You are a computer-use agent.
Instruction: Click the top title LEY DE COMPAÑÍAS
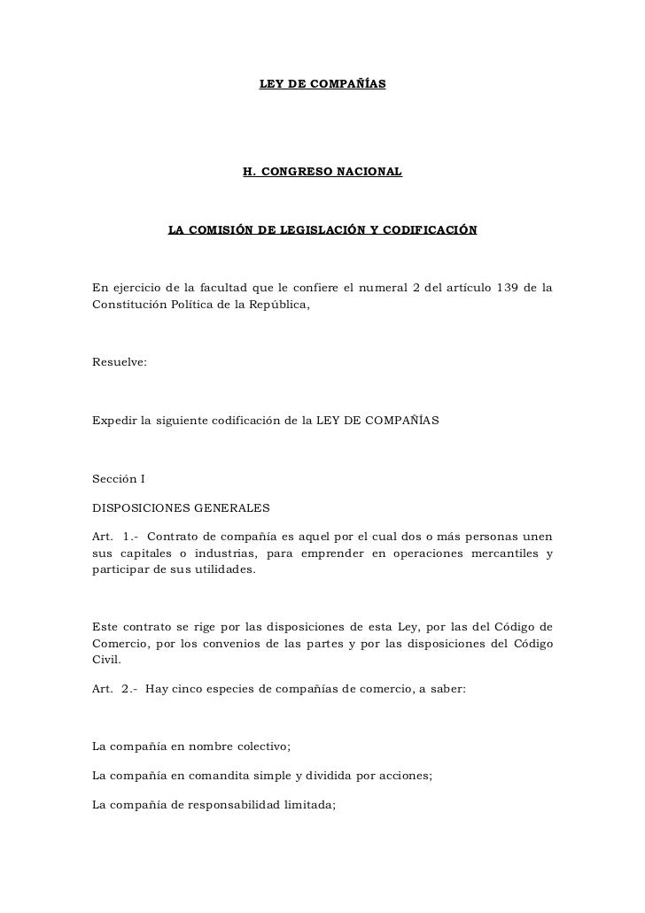click(322, 83)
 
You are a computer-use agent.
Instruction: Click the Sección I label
click(119, 478)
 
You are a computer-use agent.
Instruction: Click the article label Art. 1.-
click(114, 537)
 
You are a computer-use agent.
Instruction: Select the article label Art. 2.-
click(114, 697)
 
